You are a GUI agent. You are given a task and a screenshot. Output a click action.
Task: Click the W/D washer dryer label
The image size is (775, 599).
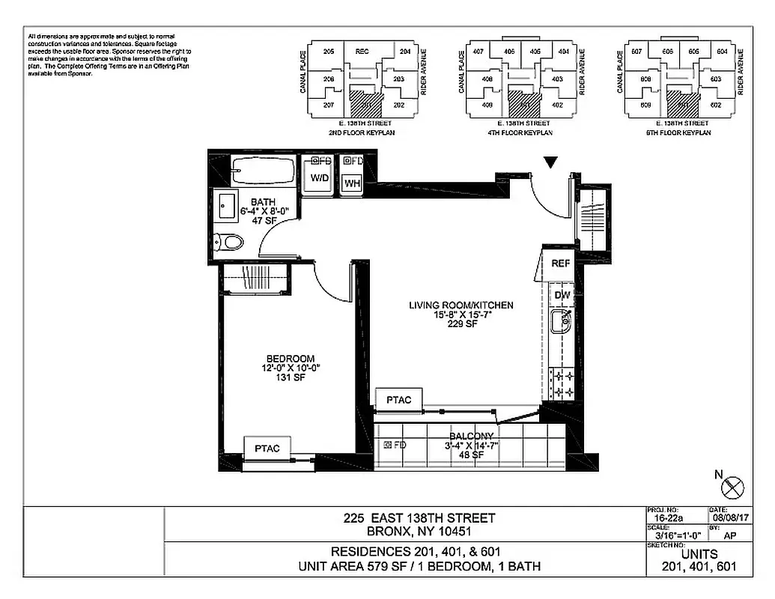tap(320, 178)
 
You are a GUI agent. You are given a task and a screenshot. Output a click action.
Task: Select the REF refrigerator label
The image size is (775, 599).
tap(561, 264)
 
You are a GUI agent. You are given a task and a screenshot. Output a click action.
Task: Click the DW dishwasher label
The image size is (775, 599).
tap(562, 296)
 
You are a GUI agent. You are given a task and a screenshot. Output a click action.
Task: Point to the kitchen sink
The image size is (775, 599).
tap(561, 323)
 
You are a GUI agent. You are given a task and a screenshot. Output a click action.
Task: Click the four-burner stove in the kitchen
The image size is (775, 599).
tap(562, 383)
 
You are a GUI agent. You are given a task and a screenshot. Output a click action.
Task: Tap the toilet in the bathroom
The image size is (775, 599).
tap(230, 242)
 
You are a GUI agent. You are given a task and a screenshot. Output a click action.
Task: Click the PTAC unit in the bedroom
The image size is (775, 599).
tap(267, 449)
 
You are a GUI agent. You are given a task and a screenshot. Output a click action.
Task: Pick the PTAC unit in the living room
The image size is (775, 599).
tap(398, 400)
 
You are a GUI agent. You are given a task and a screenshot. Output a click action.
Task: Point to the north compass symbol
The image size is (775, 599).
tap(732, 487)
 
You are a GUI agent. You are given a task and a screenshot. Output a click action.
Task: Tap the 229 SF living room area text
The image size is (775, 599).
tap(461, 326)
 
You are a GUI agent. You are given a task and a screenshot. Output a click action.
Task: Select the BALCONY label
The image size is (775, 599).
tap(471, 437)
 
